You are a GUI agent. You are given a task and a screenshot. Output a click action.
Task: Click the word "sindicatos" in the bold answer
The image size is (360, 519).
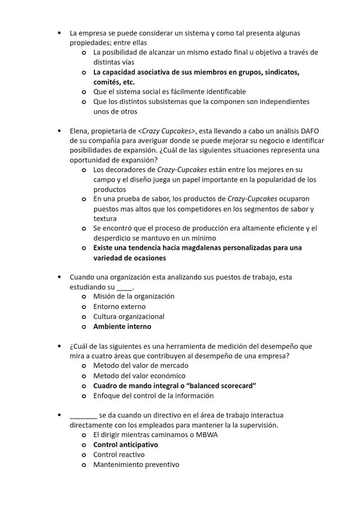(x=278, y=72)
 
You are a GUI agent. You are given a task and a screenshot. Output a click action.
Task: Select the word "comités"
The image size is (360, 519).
(x=107, y=82)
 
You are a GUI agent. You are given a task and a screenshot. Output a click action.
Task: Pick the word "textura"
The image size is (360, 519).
(x=105, y=218)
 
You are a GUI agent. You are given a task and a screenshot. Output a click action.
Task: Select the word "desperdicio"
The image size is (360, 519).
(x=114, y=238)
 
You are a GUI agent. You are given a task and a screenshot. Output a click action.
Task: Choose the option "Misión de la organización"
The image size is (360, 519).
(x=133, y=297)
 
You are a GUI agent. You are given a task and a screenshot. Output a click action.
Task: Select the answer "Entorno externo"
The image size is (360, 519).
(x=119, y=307)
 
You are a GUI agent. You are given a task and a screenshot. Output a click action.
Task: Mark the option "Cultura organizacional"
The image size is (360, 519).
(x=129, y=316)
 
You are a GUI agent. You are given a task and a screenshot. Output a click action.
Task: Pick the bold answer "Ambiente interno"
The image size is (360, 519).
(x=122, y=326)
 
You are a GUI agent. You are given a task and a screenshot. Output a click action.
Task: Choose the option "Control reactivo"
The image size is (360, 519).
(x=119, y=455)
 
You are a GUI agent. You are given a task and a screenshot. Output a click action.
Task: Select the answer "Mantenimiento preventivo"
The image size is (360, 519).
(x=136, y=465)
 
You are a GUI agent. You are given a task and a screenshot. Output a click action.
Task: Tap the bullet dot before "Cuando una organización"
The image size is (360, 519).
(x=59, y=277)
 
